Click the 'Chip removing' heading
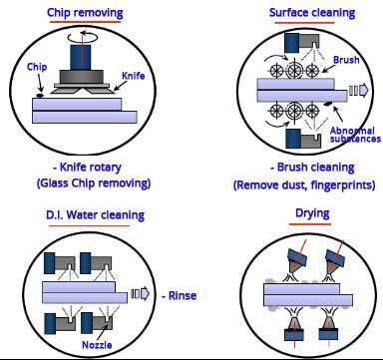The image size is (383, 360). (x=85, y=13)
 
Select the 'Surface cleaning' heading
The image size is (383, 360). (x=312, y=13)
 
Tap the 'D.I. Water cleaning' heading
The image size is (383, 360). (x=95, y=215)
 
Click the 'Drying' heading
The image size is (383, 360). (x=312, y=213)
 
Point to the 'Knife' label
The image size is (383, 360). (x=134, y=76)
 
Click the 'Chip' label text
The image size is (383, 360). (x=37, y=67)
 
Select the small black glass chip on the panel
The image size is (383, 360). (x=40, y=96)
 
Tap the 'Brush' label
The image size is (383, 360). (x=346, y=60)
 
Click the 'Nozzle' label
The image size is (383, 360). (x=97, y=345)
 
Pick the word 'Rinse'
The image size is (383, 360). (x=183, y=295)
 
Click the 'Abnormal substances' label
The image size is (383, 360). (x=355, y=135)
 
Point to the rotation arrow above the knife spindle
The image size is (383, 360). (x=81, y=36)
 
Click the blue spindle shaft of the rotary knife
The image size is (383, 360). (x=81, y=57)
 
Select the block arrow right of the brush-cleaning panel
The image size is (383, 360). (x=359, y=91)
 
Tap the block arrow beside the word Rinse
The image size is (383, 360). (x=141, y=294)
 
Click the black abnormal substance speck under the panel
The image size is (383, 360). (x=328, y=104)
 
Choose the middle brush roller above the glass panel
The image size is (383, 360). (x=294, y=70)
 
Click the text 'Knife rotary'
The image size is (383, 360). (x=90, y=168)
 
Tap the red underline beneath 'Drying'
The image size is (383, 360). (x=310, y=223)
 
